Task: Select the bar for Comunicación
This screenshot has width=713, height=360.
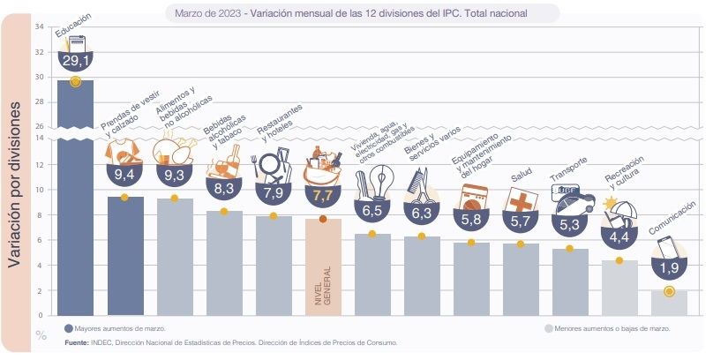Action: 670,303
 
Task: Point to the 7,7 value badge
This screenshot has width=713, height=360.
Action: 322,194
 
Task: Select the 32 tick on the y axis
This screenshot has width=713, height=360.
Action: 40,51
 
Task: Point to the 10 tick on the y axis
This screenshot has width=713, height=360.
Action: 40,190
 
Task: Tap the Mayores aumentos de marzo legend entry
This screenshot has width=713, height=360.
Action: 115,328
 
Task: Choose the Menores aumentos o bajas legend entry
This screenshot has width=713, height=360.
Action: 608,328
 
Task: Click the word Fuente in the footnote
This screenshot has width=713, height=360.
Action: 77,341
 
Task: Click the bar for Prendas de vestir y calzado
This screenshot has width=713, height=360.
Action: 124,256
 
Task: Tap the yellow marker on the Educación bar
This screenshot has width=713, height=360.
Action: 75,82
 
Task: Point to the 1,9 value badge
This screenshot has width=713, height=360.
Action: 669,267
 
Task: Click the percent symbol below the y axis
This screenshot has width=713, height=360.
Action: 41,334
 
